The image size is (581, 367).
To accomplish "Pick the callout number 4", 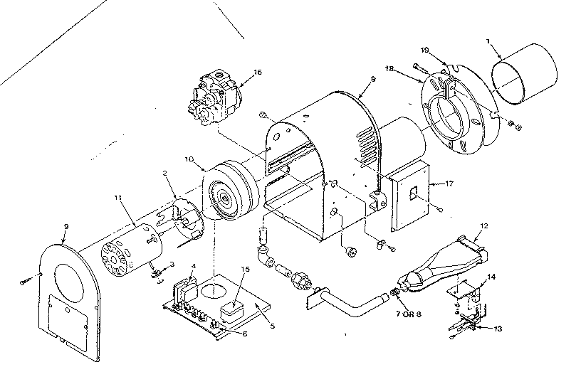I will pyautogui.click(x=193, y=267).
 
